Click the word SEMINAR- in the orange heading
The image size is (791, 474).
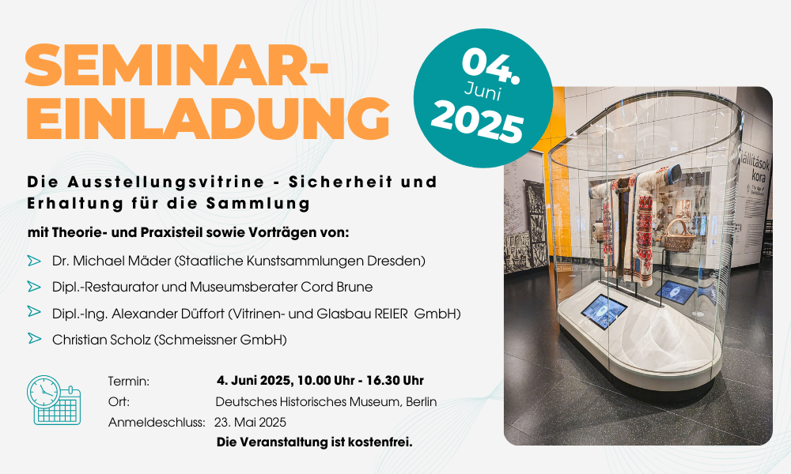click(176, 65)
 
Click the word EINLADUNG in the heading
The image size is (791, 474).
click(208, 118)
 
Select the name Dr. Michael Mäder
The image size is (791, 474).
click(112, 261)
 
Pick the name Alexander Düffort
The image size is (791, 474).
click(168, 314)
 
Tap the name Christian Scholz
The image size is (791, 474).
click(101, 340)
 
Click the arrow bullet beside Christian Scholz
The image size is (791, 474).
click(34, 338)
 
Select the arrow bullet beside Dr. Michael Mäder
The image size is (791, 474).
click(34, 261)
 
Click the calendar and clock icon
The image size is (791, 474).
click(54, 400)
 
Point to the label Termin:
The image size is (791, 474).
click(129, 382)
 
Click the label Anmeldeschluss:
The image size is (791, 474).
click(157, 422)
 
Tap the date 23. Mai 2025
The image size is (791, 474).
click(250, 422)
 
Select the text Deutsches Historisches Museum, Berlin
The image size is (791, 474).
click(326, 402)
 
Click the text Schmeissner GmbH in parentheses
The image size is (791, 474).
click(220, 340)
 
